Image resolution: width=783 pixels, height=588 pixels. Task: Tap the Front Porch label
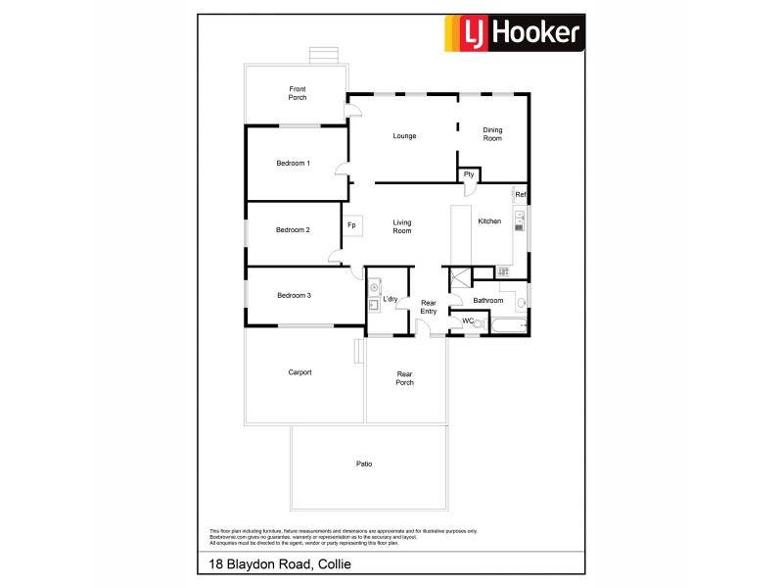(298, 93)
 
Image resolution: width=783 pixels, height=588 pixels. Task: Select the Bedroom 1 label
(294, 163)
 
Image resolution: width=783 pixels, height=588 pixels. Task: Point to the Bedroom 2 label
(293, 230)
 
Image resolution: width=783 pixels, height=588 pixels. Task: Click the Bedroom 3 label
(294, 295)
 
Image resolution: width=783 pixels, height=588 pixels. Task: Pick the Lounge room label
(404, 135)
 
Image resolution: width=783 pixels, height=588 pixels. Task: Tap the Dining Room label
(492, 134)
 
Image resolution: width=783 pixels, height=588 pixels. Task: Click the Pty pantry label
(470, 174)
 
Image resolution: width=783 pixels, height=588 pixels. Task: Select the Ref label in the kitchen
(521, 195)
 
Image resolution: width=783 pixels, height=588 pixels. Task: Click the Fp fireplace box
(351, 226)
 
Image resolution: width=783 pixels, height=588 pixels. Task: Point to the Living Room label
(402, 226)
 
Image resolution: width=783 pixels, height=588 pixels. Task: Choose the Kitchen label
(489, 221)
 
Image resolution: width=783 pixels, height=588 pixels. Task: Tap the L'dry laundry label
(390, 299)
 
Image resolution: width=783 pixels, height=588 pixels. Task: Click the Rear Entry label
(428, 307)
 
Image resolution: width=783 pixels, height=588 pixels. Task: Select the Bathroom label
(487, 301)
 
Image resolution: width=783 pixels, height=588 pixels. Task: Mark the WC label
(468, 320)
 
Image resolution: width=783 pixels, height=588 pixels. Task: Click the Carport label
(299, 372)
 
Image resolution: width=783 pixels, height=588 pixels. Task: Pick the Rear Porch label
(405, 377)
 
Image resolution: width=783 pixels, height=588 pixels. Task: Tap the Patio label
(365, 464)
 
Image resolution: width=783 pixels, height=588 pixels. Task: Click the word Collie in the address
(334, 564)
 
